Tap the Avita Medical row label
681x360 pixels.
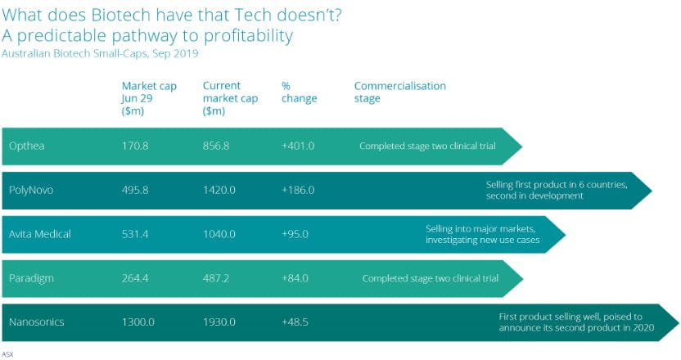[x=40, y=234]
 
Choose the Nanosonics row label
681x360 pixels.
[x=35, y=322]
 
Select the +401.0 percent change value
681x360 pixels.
[x=297, y=146]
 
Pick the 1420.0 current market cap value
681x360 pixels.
[x=219, y=191]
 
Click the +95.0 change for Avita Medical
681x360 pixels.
[x=295, y=234]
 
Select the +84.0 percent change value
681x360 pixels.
[x=295, y=278]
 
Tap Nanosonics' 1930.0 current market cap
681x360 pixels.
[x=219, y=322]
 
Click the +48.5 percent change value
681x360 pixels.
[x=295, y=322]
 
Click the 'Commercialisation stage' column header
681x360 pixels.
[x=399, y=92]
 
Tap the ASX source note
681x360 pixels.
[x=7, y=353]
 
